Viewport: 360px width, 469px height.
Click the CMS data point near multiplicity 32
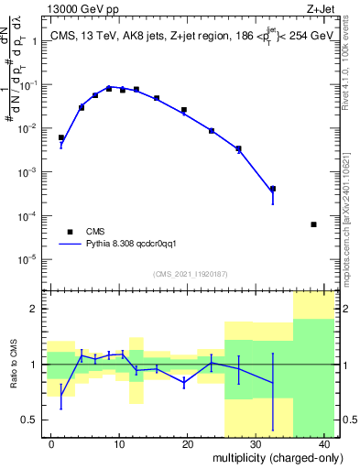(273, 189)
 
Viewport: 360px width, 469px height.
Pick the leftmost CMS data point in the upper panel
(61, 138)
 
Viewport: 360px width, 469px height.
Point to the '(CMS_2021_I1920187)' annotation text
(189, 274)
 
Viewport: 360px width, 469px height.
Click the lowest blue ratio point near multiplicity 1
(61, 396)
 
